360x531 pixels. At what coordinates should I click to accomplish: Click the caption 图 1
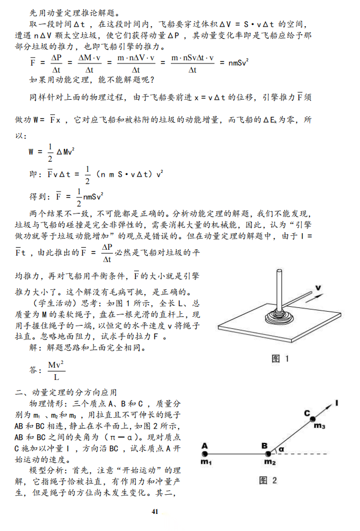[280, 359]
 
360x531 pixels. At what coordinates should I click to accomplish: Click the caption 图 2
[268, 480]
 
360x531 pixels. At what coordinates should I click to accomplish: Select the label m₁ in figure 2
[206, 462]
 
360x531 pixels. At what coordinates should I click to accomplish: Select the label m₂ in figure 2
[270, 462]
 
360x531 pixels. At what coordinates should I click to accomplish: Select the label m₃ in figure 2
[319, 426]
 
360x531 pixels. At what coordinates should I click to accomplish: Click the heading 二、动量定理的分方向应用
[66, 393]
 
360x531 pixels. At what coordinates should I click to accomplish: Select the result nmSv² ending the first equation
[238, 63]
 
